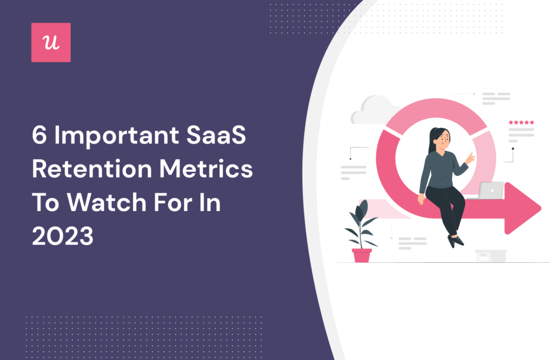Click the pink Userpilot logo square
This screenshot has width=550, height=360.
[x=51, y=42]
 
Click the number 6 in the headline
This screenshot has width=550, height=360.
[x=39, y=135]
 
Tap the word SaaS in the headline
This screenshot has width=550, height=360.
[x=216, y=135]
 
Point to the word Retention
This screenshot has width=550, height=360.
[x=92, y=169]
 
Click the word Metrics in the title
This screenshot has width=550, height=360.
[x=206, y=169]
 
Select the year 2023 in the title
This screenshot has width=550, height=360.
[x=63, y=236]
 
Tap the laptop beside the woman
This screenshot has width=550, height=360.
[x=488, y=191]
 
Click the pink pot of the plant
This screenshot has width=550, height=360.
[x=361, y=255]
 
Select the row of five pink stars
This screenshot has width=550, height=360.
[x=521, y=123]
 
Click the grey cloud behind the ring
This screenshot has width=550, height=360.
[x=374, y=110]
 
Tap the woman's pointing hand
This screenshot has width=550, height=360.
[x=469, y=159]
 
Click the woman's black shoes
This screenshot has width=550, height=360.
[x=455, y=241]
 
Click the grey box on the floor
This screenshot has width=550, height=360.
[x=491, y=256]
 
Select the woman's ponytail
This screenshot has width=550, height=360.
[x=432, y=141]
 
